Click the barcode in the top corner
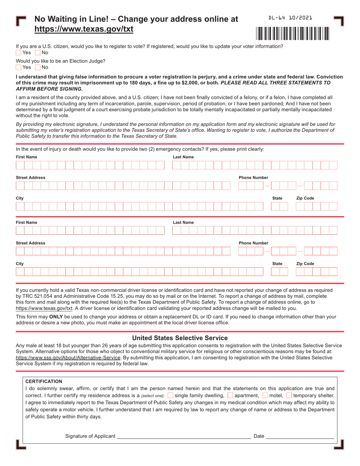click(293, 34)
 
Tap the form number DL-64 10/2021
click(290, 18)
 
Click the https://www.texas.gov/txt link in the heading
click(84, 29)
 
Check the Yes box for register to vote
click(19, 53)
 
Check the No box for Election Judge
click(38, 67)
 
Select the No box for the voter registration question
click(38, 53)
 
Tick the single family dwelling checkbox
click(170, 396)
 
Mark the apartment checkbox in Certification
click(230, 396)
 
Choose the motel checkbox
click(265, 396)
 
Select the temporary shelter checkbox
click(289, 396)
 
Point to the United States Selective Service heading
click(180, 338)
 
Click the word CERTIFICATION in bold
click(44, 382)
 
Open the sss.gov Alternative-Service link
click(68, 357)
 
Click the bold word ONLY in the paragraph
click(56, 317)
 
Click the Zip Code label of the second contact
click(305, 264)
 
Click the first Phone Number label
click(253, 178)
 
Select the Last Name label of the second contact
click(183, 222)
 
